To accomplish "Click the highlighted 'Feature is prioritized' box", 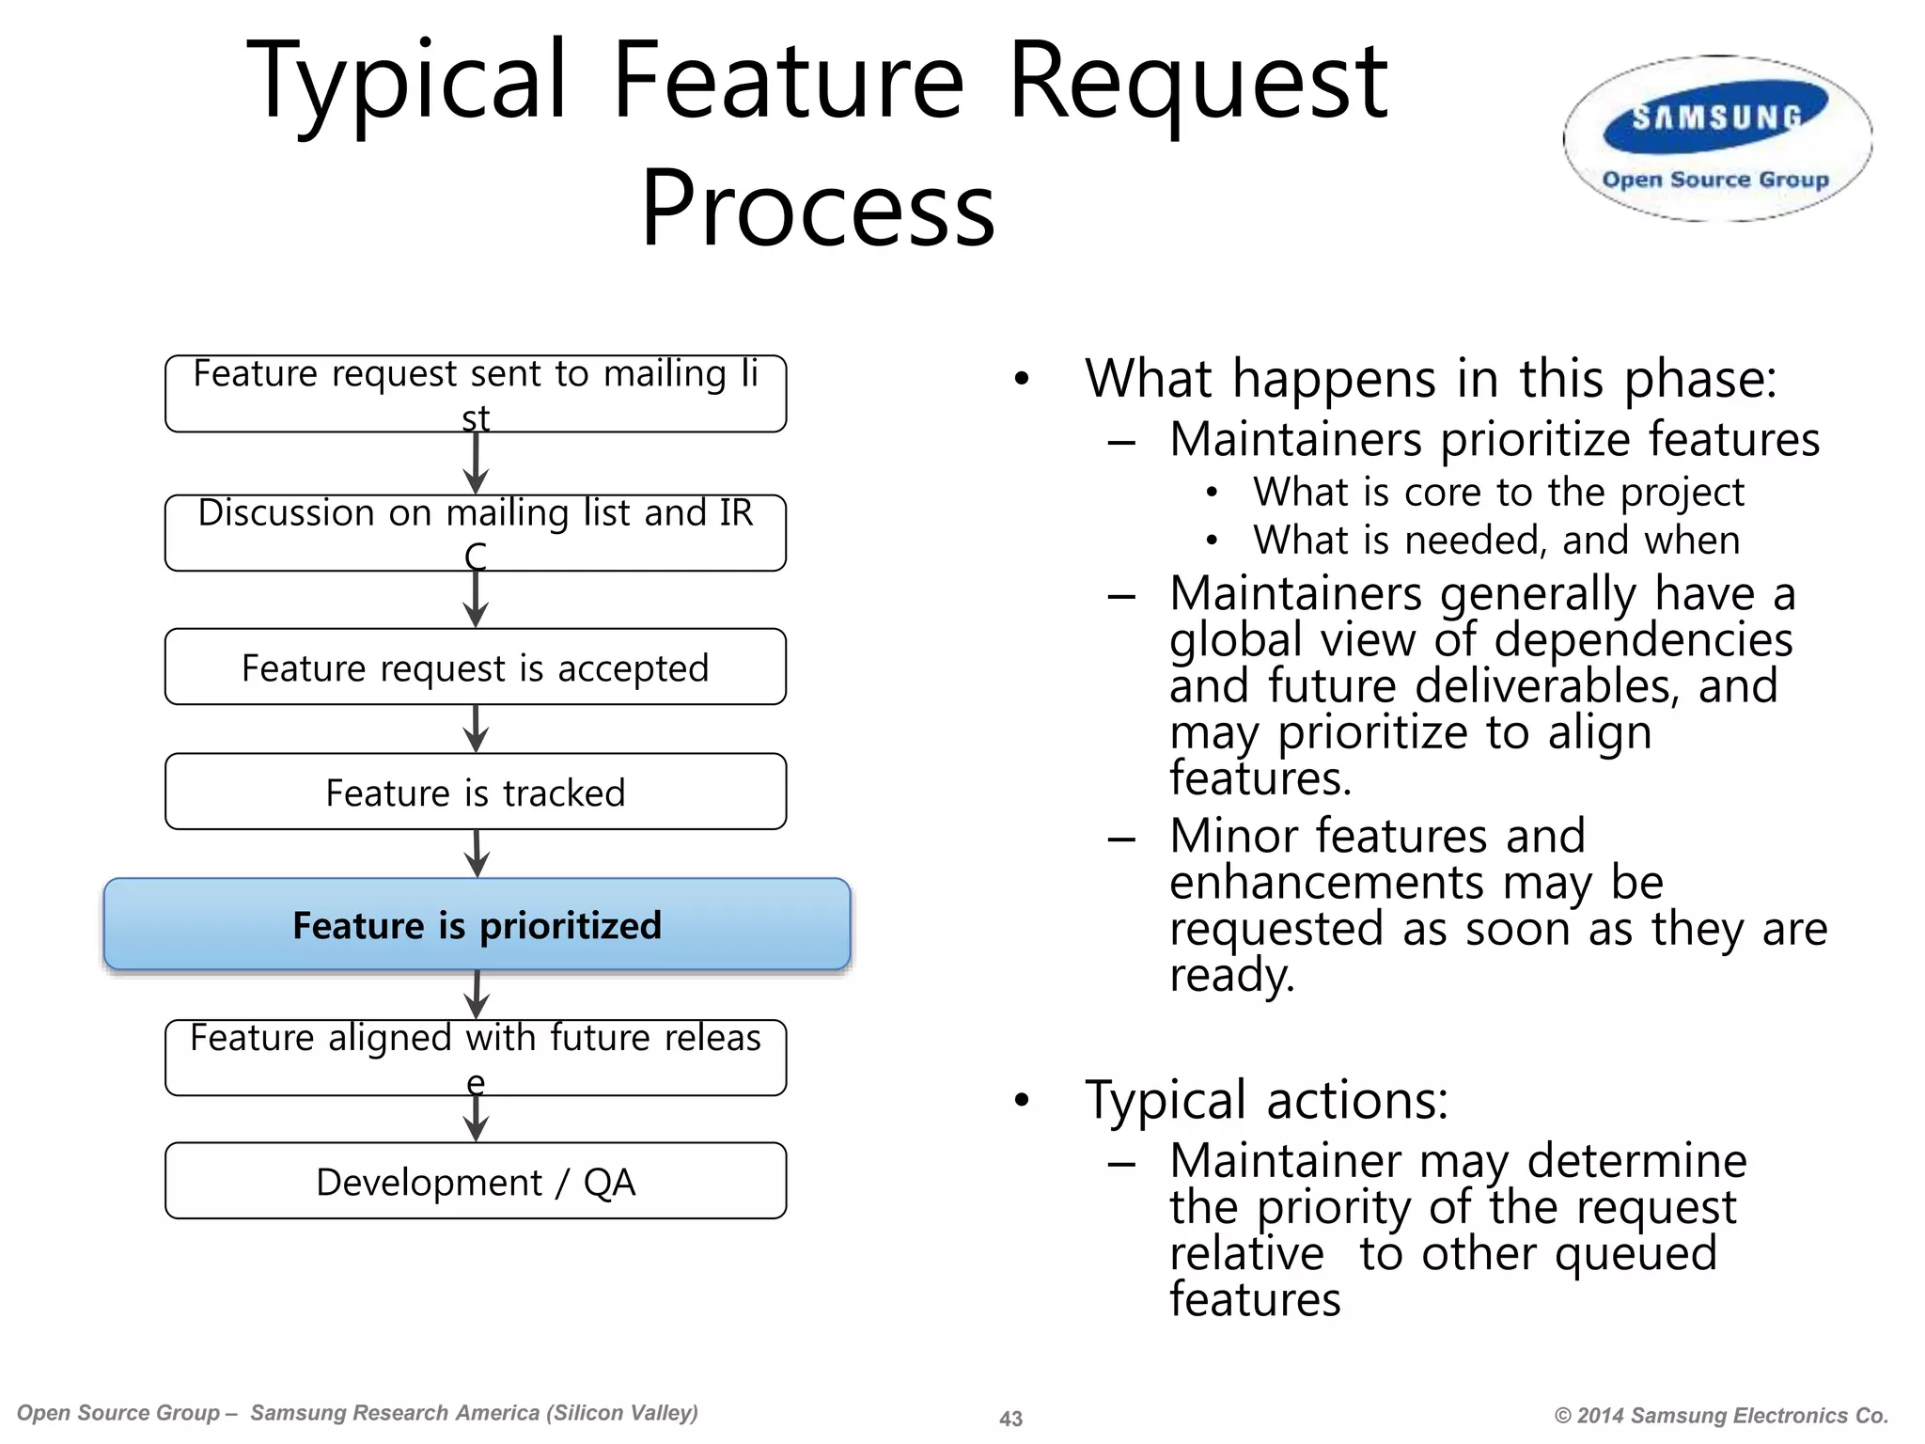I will coord(477,925).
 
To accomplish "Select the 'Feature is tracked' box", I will coord(476,792).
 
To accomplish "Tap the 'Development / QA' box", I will coord(476,1182).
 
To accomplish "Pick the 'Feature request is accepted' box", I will coord(476,667).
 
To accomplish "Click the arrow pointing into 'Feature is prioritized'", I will coord(477,854).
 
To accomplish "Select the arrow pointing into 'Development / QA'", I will coord(477,1119).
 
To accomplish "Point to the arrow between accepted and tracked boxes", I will coord(477,729).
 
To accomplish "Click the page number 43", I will coord(1010,1419).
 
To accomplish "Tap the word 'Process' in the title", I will coord(817,209).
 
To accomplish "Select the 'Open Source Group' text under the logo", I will coord(1715,180).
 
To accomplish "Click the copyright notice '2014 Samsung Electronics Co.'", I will coord(1722,1416).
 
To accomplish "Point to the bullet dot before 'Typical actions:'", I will coord(1023,1100).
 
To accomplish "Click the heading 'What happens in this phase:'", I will coord(1431,379).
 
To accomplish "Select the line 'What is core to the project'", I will coord(1498,493).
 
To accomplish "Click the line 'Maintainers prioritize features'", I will coord(1495,440).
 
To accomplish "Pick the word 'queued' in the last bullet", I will coord(1635,1254).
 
